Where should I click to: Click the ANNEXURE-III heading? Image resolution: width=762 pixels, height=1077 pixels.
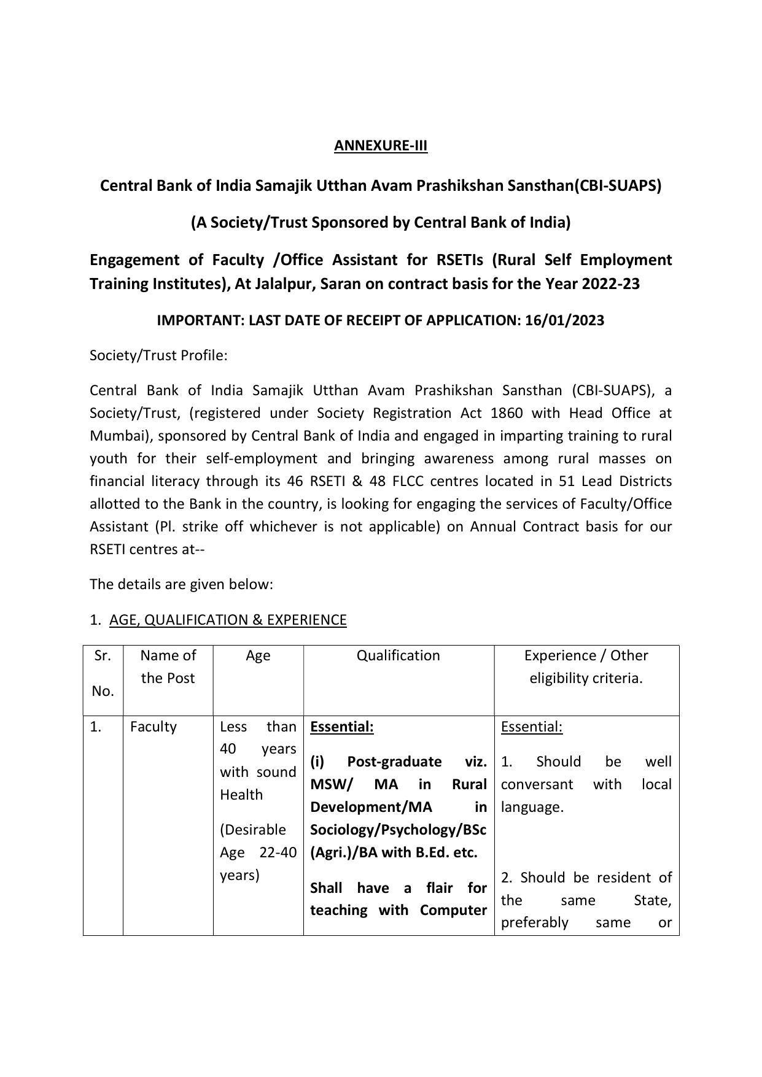(380, 145)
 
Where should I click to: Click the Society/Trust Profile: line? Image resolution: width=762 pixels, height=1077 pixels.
(158, 355)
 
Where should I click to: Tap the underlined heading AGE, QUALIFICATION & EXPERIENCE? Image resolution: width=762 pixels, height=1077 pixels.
(228, 620)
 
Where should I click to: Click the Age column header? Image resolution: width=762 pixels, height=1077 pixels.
(258, 655)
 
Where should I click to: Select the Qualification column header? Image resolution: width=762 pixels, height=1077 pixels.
(398, 655)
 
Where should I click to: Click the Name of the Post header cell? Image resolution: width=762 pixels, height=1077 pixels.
(168, 666)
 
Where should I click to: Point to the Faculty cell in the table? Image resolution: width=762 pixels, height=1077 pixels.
(153, 727)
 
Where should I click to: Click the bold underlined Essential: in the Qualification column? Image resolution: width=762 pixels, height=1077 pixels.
(341, 727)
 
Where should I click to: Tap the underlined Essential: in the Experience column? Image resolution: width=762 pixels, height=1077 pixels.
(531, 727)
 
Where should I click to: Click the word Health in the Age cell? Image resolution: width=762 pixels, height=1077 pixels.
(241, 795)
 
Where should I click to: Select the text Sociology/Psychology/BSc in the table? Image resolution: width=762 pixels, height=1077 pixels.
(398, 830)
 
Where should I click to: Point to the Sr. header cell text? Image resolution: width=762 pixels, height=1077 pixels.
(103, 655)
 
